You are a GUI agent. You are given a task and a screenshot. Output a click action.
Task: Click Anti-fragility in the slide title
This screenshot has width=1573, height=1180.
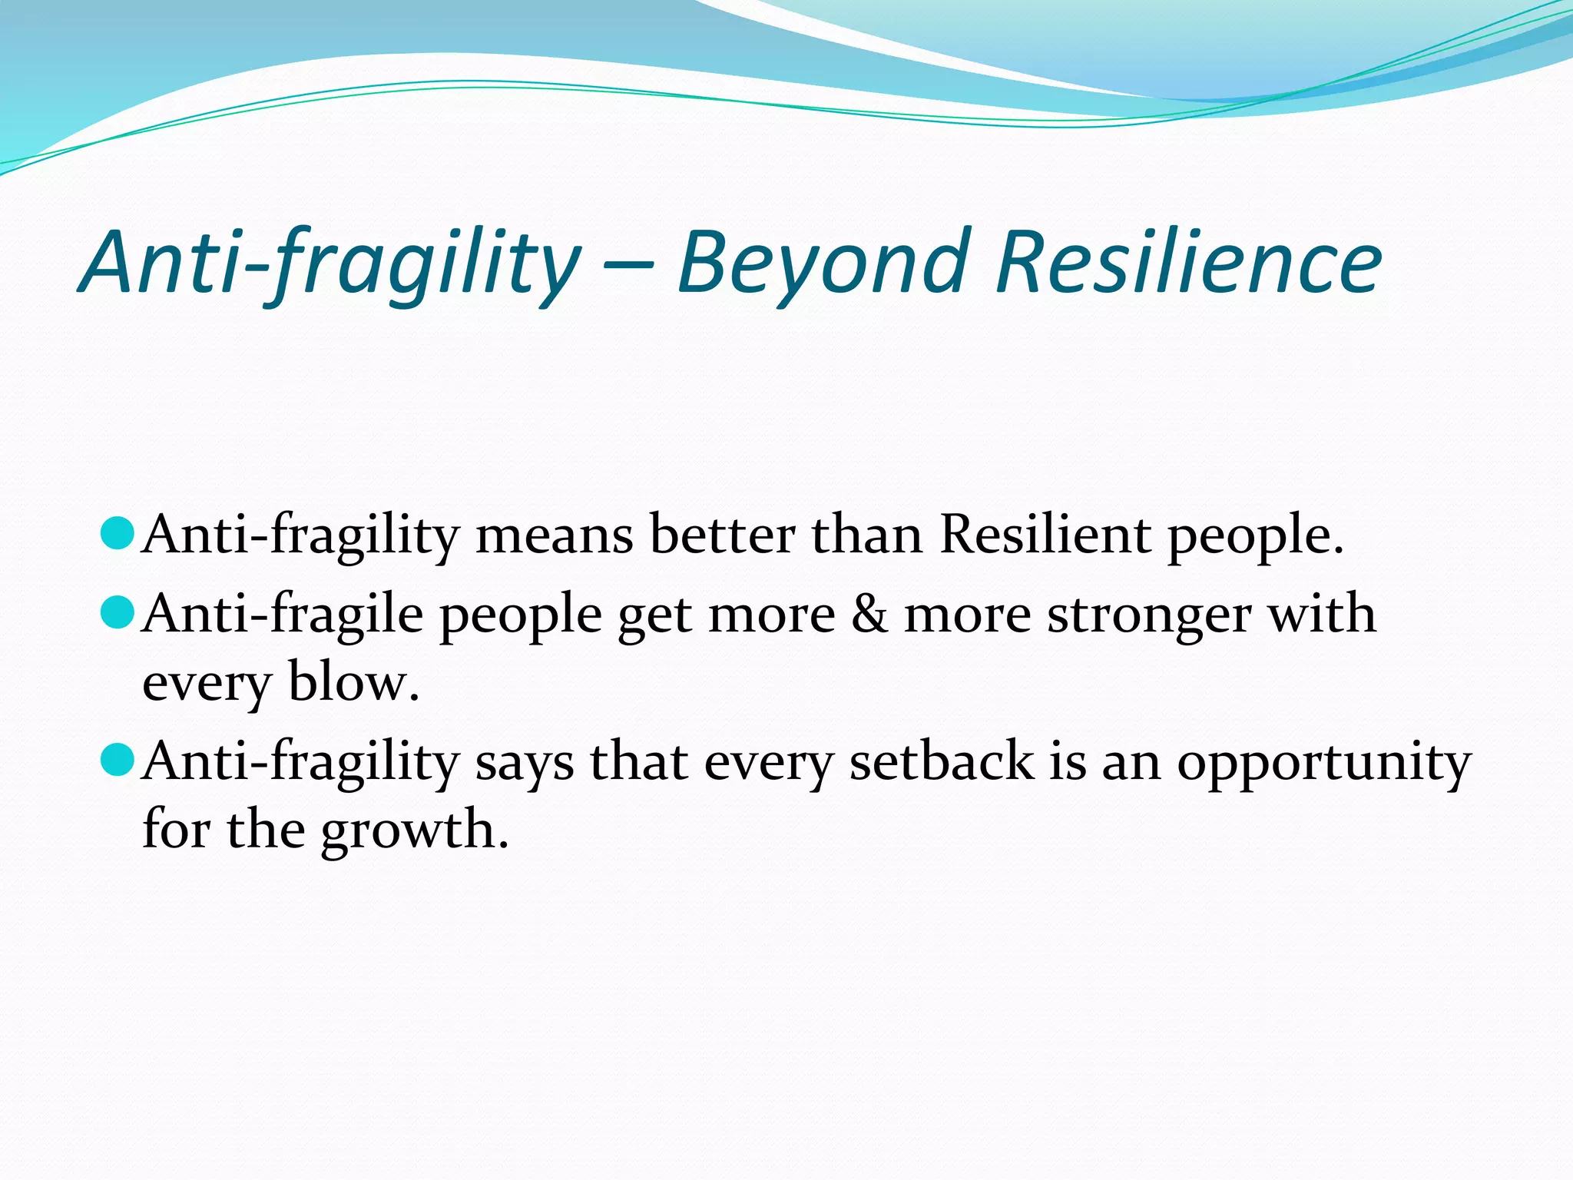(x=330, y=265)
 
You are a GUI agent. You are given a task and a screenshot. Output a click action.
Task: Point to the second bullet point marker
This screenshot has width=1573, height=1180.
(x=118, y=612)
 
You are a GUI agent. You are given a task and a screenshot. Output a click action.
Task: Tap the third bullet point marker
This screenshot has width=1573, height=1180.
(x=118, y=759)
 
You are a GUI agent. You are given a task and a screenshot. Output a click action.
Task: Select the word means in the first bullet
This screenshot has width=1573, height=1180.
(x=555, y=535)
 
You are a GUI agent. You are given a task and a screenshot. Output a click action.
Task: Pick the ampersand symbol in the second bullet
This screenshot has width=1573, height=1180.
(x=869, y=615)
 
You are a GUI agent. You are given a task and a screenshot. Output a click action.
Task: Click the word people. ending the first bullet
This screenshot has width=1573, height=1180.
(x=1255, y=536)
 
